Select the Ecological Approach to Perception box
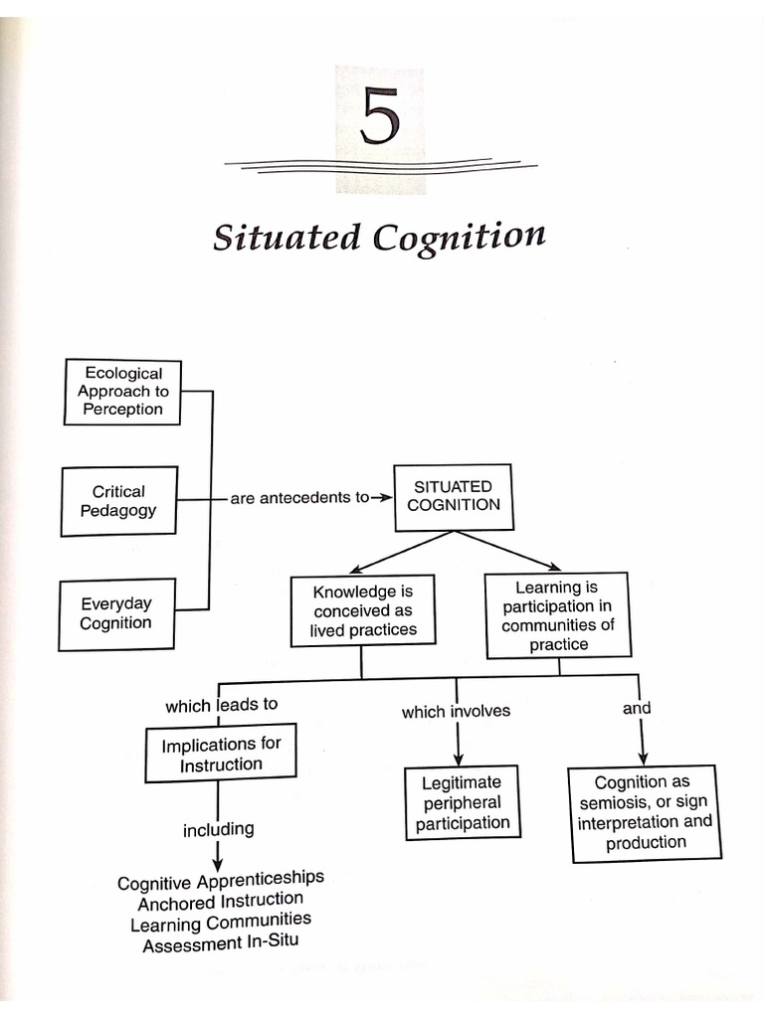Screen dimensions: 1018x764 coord(123,392)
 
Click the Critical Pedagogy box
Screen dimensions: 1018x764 coord(119,501)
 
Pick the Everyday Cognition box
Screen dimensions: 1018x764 coord(116,613)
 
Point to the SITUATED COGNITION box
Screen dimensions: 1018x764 coord(453,495)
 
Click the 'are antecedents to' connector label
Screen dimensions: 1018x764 coord(299,497)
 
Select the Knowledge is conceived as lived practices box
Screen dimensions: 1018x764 coord(362,610)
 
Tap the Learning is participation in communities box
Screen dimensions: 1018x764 coord(557,615)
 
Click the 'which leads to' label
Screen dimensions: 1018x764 coord(221,705)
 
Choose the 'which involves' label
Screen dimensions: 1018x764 coord(456,711)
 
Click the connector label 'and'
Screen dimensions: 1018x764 coord(637,708)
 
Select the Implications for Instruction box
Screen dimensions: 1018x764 coord(221,754)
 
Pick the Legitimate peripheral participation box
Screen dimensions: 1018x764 coord(463,802)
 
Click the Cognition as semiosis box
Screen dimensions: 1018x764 coord(645,812)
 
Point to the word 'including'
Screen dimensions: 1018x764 coord(218,829)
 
